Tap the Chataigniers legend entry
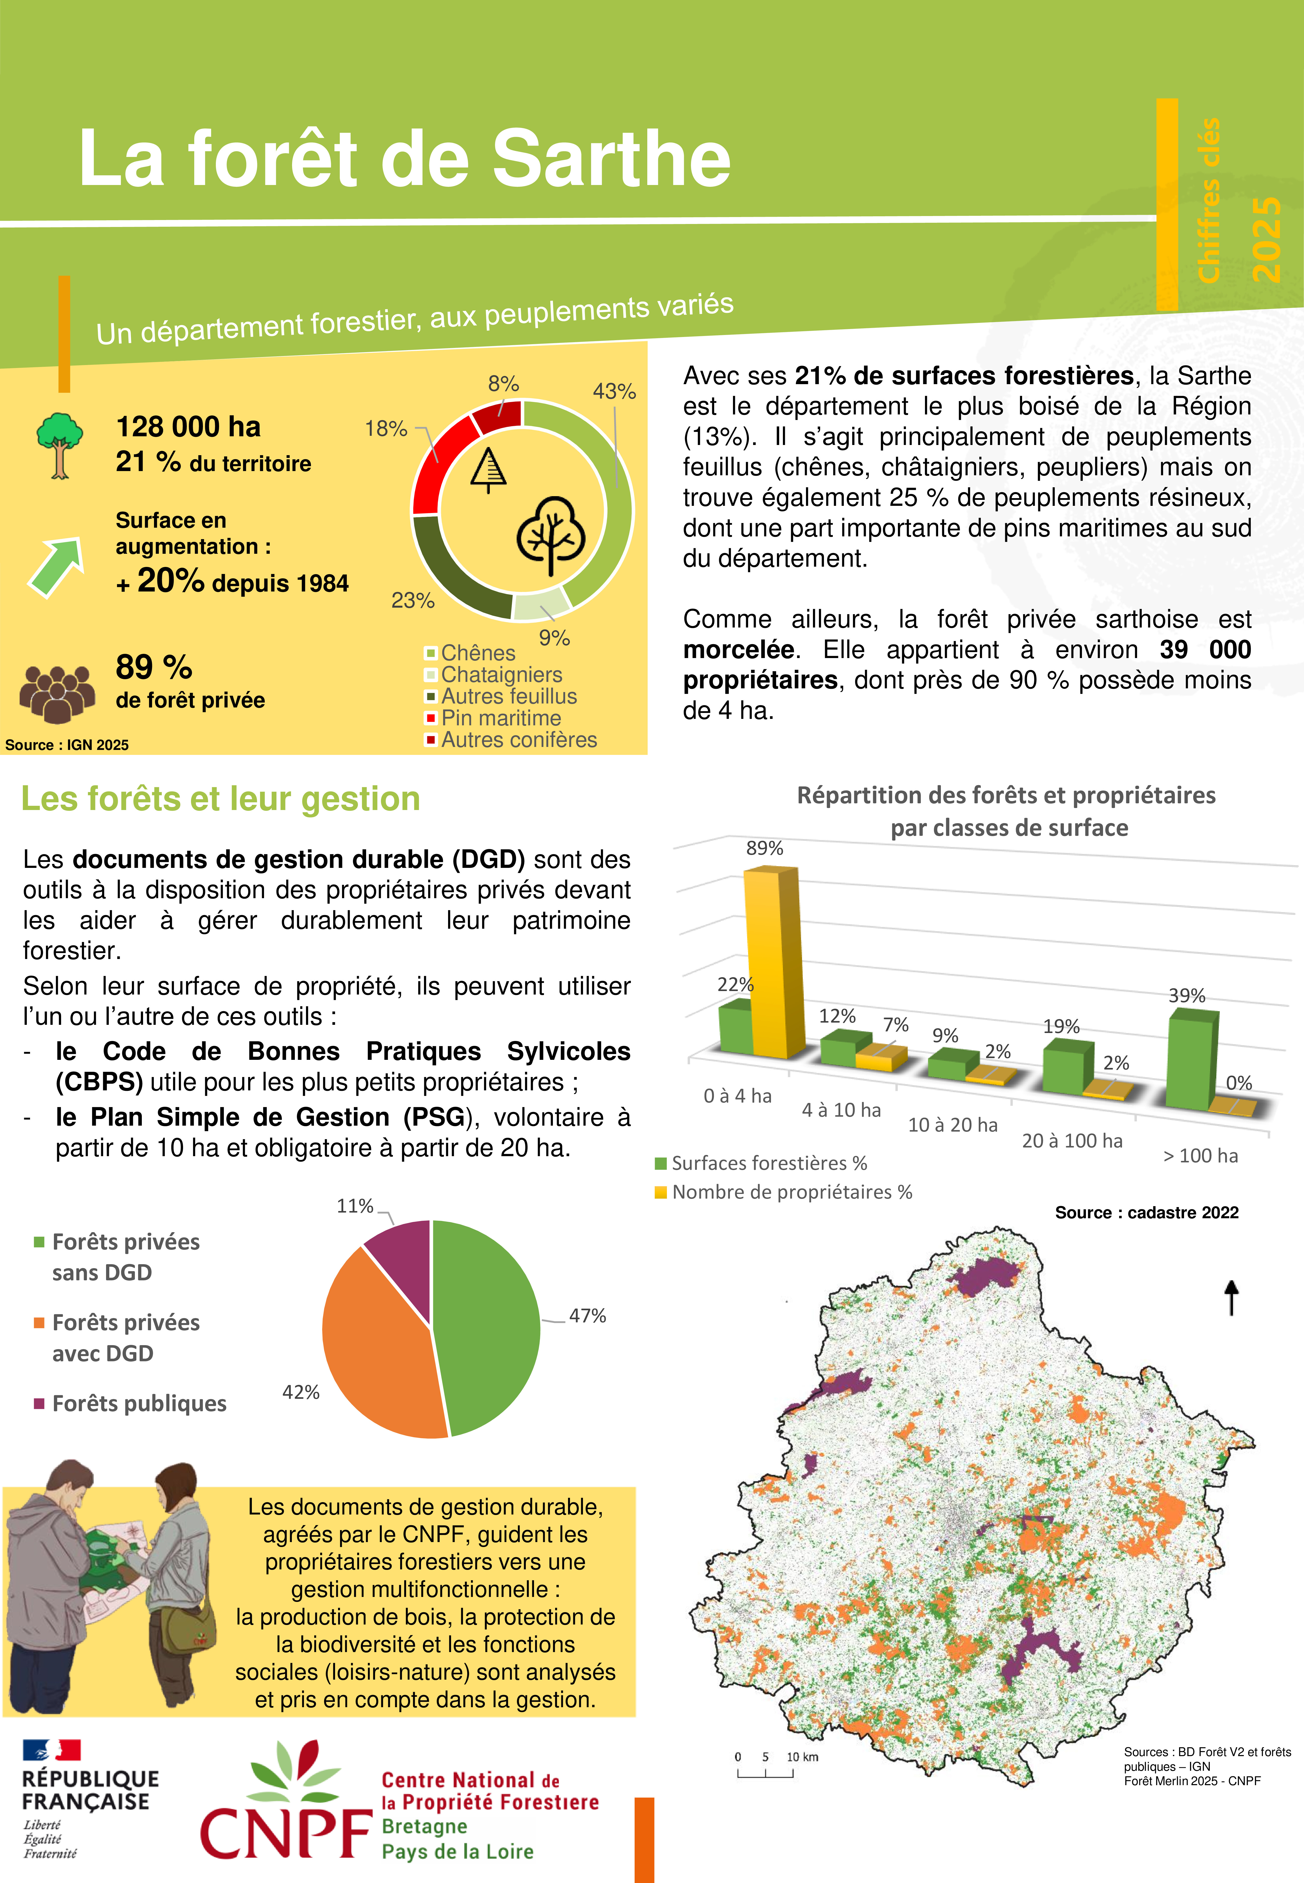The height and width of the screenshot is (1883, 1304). (x=501, y=675)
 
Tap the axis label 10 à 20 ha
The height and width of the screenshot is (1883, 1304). (x=953, y=1125)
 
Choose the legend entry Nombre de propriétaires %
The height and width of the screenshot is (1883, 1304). (x=791, y=1192)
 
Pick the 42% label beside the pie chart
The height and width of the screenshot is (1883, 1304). (x=301, y=1392)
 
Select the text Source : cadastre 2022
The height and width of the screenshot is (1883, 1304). (x=1146, y=1212)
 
